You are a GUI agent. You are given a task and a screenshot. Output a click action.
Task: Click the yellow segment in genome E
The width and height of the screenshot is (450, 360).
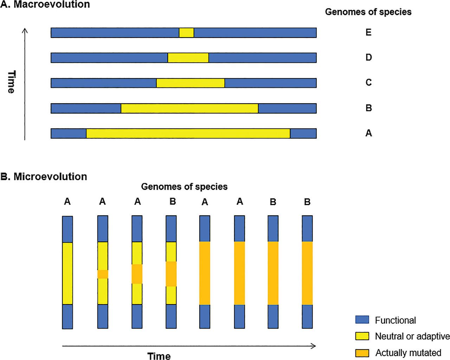click(186, 33)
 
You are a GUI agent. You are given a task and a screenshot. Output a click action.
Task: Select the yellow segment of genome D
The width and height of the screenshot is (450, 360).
click(188, 58)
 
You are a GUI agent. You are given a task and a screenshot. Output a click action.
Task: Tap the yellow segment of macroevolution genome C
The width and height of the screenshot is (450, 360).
click(191, 83)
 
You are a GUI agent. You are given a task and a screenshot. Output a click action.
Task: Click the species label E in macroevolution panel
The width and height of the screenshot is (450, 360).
click(368, 32)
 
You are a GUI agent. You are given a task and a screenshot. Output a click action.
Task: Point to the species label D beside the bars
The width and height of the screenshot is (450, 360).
click(369, 57)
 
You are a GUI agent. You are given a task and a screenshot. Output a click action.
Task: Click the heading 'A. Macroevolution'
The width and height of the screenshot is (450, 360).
click(45, 4)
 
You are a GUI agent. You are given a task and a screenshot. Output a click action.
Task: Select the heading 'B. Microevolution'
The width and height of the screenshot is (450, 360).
click(44, 177)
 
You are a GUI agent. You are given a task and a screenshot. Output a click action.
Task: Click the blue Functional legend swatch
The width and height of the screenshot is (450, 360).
click(362, 320)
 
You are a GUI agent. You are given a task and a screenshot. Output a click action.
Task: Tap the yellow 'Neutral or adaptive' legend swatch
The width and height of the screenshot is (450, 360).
click(362, 336)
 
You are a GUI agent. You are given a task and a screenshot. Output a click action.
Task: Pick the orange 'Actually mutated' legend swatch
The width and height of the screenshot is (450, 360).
click(362, 353)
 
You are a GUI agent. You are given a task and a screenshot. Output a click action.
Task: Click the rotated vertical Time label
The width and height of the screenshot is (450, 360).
click(12, 82)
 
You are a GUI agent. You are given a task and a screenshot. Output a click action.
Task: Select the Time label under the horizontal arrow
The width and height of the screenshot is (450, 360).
click(159, 356)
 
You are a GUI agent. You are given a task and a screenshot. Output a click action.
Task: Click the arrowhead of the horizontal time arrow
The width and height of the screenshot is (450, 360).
click(314, 346)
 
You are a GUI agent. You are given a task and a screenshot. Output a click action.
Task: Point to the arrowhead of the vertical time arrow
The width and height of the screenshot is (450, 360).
click(25, 30)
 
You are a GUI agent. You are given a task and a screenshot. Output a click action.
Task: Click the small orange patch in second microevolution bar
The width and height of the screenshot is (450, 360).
click(103, 274)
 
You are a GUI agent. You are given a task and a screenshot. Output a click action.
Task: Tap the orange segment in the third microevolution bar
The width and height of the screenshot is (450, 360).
click(137, 274)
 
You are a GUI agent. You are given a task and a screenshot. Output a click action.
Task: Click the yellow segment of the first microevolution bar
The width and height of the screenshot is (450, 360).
click(67, 273)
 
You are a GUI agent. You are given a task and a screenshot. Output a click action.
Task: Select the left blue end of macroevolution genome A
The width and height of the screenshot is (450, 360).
click(69, 133)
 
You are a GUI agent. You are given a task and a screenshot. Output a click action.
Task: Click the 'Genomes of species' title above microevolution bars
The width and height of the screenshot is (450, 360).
click(184, 186)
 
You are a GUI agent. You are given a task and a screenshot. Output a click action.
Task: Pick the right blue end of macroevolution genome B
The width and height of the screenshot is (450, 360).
click(287, 109)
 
